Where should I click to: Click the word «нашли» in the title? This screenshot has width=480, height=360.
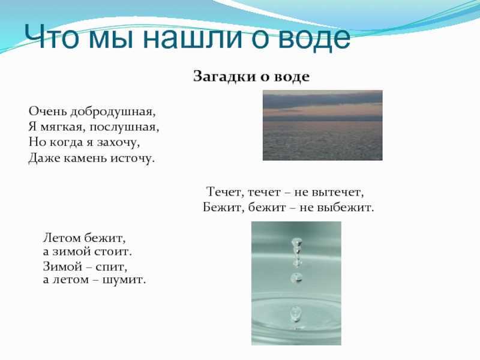[x=192, y=37]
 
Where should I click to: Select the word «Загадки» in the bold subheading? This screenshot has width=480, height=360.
[x=224, y=77]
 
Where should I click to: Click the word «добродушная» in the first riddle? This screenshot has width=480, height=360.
[x=113, y=112]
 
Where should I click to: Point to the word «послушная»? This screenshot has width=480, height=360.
[x=124, y=127]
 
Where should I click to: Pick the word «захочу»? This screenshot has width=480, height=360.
[x=118, y=143]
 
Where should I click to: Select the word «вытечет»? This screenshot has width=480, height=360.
[x=338, y=192]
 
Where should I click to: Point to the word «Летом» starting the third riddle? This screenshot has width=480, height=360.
[x=62, y=238]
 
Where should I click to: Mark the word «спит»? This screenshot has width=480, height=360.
[x=111, y=267]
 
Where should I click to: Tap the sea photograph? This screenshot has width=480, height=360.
[x=323, y=125]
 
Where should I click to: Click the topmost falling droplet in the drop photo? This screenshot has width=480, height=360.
[x=296, y=242]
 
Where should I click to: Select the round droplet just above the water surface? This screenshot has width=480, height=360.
[x=296, y=278]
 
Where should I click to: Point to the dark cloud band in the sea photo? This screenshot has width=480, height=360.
[x=323, y=100]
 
